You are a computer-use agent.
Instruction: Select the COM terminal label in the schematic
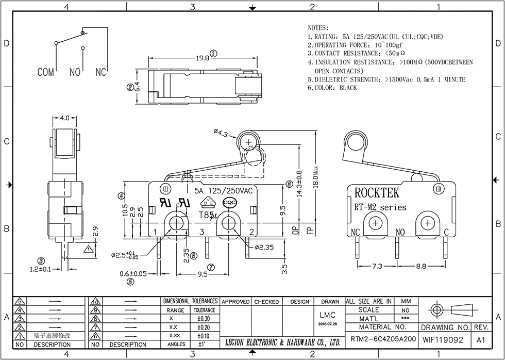45,73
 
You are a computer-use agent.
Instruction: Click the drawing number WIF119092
443,340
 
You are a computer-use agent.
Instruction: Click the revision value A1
481,340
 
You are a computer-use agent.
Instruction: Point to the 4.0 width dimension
64,118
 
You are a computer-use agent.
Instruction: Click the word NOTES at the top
318,27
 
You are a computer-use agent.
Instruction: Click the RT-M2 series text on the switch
380,207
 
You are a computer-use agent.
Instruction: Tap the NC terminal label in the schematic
100,73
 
